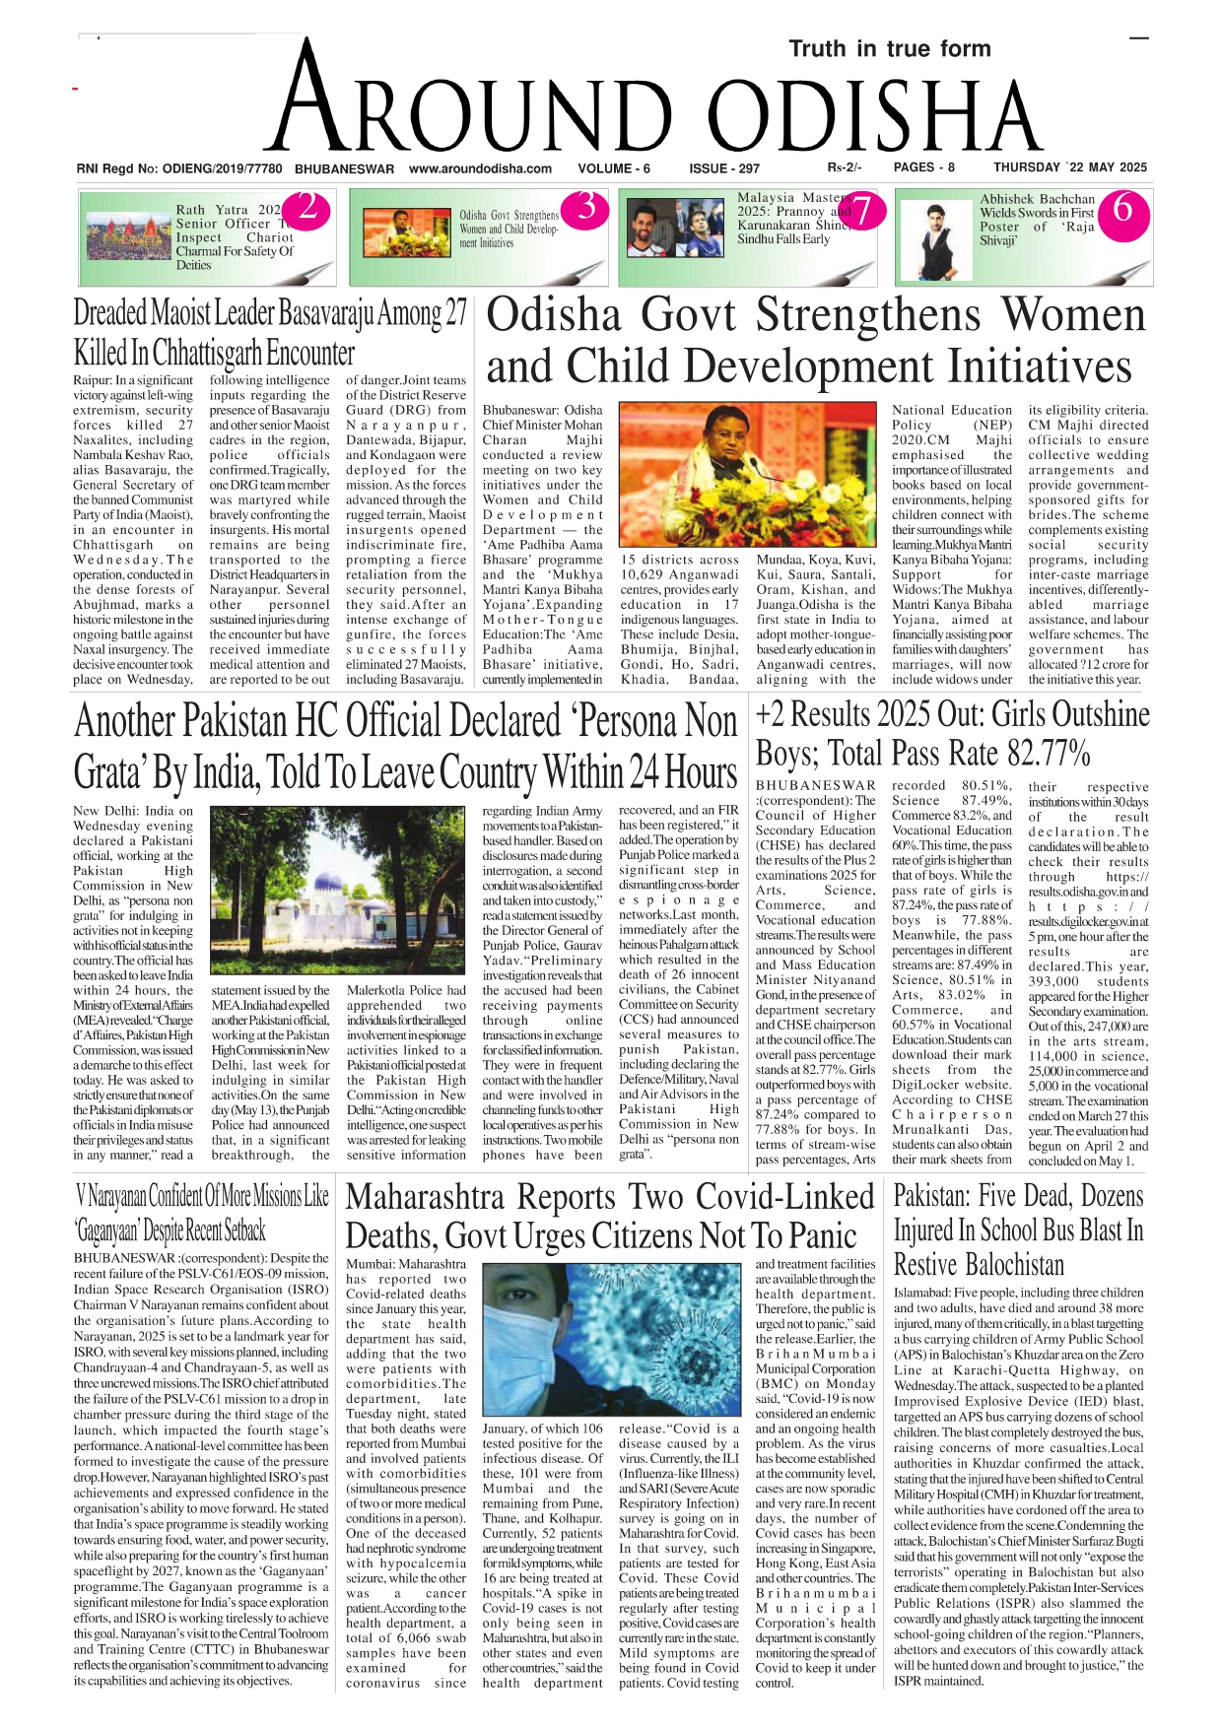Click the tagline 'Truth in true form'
[x=889, y=49]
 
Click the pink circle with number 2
[x=307, y=208]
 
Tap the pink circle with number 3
[x=586, y=208]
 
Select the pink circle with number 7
[x=862, y=210]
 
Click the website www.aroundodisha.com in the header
[x=480, y=168]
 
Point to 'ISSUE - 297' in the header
[x=724, y=168]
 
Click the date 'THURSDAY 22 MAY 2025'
[x=1069, y=167]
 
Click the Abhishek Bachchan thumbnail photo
[x=935, y=239]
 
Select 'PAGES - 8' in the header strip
[x=923, y=167]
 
